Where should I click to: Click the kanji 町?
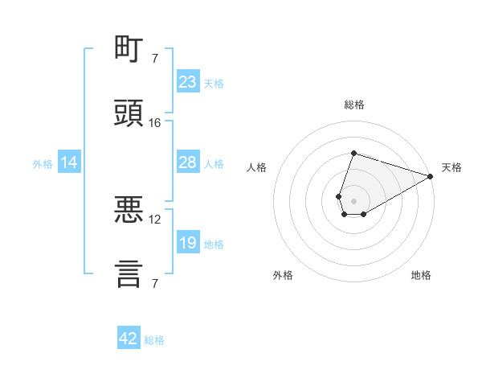click(129, 48)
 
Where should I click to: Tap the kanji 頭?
click(129, 113)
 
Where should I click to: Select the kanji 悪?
click(129, 209)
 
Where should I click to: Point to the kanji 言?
click(129, 274)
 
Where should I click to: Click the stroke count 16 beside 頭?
click(154, 123)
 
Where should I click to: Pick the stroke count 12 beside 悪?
click(154, 220)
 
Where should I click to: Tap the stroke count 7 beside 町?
click(155, 58)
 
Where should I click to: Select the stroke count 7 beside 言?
click(155, 283)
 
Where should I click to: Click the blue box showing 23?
click(188, 81)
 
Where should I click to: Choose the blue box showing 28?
click(188, 162)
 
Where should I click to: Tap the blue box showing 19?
click(188, 241)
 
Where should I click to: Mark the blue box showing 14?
click(69, 162)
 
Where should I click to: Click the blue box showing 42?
click(129, 337)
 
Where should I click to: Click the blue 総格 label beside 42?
click(154, 340)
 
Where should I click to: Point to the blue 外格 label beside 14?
click(43, 164)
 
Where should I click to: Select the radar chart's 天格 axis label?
click(451, 167)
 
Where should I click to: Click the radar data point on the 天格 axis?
click(431, 176)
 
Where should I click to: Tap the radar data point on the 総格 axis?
click(353, 153)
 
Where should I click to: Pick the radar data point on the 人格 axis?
click(338, 196)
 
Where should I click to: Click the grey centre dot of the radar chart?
click(353, 201)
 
